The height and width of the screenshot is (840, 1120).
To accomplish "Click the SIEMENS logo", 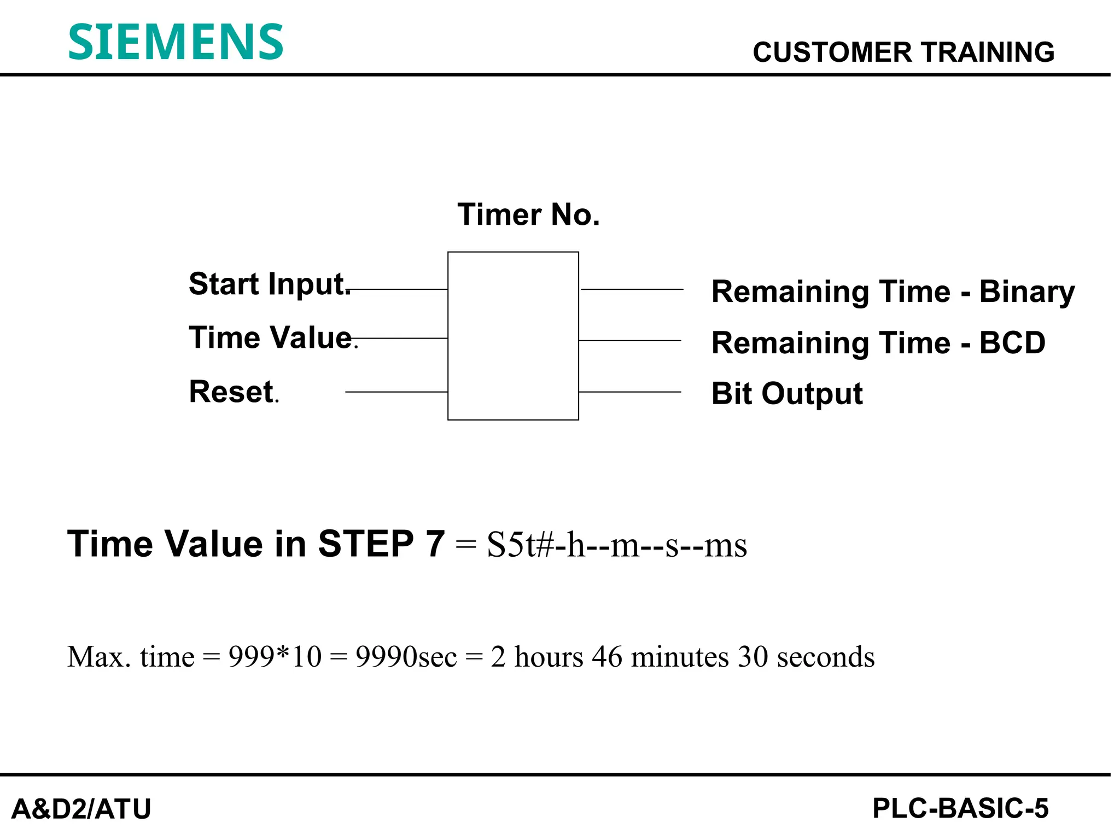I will (176, 42).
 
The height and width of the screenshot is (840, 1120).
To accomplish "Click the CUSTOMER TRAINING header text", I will (903, 52).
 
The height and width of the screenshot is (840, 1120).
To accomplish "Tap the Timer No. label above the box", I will (528, 214).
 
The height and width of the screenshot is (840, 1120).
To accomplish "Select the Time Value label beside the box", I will (271, 337).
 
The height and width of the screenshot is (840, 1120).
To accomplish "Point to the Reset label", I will (231, 392).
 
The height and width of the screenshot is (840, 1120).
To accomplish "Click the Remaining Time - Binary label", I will (892, 291).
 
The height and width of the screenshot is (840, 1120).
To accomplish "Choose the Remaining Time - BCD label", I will (878, 343).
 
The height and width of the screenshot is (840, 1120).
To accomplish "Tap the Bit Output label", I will (786, 394).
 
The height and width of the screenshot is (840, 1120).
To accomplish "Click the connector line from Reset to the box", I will (396, 392).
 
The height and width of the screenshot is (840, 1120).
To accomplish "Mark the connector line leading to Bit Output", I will (629, 392).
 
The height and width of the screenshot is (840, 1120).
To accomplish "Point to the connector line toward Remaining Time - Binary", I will (632, 289).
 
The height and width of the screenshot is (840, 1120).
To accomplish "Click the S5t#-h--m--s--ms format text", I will (616, 545).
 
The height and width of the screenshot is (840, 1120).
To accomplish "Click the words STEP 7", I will (381, 544).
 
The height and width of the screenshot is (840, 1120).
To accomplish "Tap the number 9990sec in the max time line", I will (406, 657).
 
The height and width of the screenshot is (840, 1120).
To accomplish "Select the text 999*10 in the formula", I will (275, 657).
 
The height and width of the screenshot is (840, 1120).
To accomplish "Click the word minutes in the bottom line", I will (680, 657).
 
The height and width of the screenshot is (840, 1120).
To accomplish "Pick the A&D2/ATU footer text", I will (81, 809).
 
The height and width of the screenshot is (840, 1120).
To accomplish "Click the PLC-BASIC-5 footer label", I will (960, 808).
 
